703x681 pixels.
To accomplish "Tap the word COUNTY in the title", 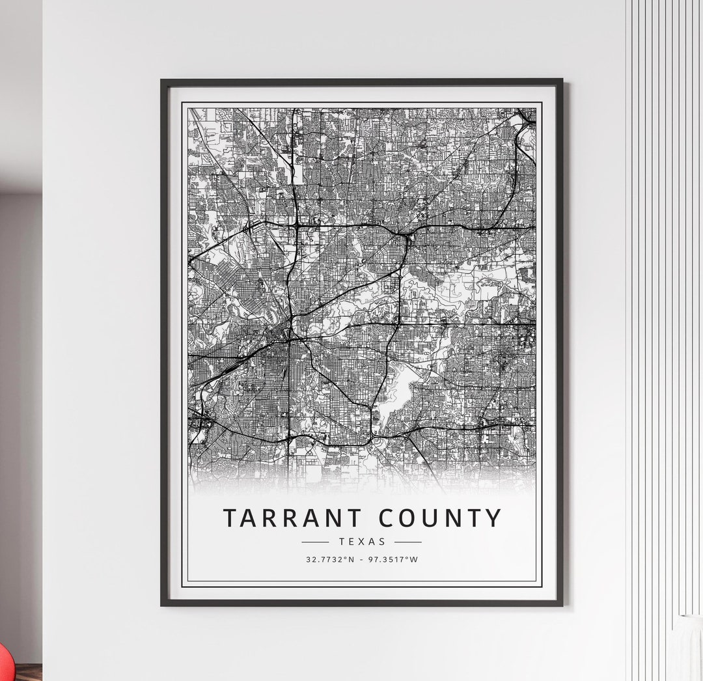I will click(x=441, y=518).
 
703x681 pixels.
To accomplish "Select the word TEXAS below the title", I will click(x=362, y=541).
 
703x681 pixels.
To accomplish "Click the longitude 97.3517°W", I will click(x=394, y=559).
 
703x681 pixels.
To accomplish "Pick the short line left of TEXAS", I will click(x=316, y=542).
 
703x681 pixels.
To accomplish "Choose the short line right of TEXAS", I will click(x=408, y=542).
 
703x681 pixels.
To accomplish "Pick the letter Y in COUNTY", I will click(x=493, y=518).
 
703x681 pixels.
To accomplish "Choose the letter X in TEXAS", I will click(x=363, y=541).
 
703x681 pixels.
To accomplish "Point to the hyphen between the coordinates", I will click(x=362, y=559).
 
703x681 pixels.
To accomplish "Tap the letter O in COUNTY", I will click(x=411, y=518).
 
